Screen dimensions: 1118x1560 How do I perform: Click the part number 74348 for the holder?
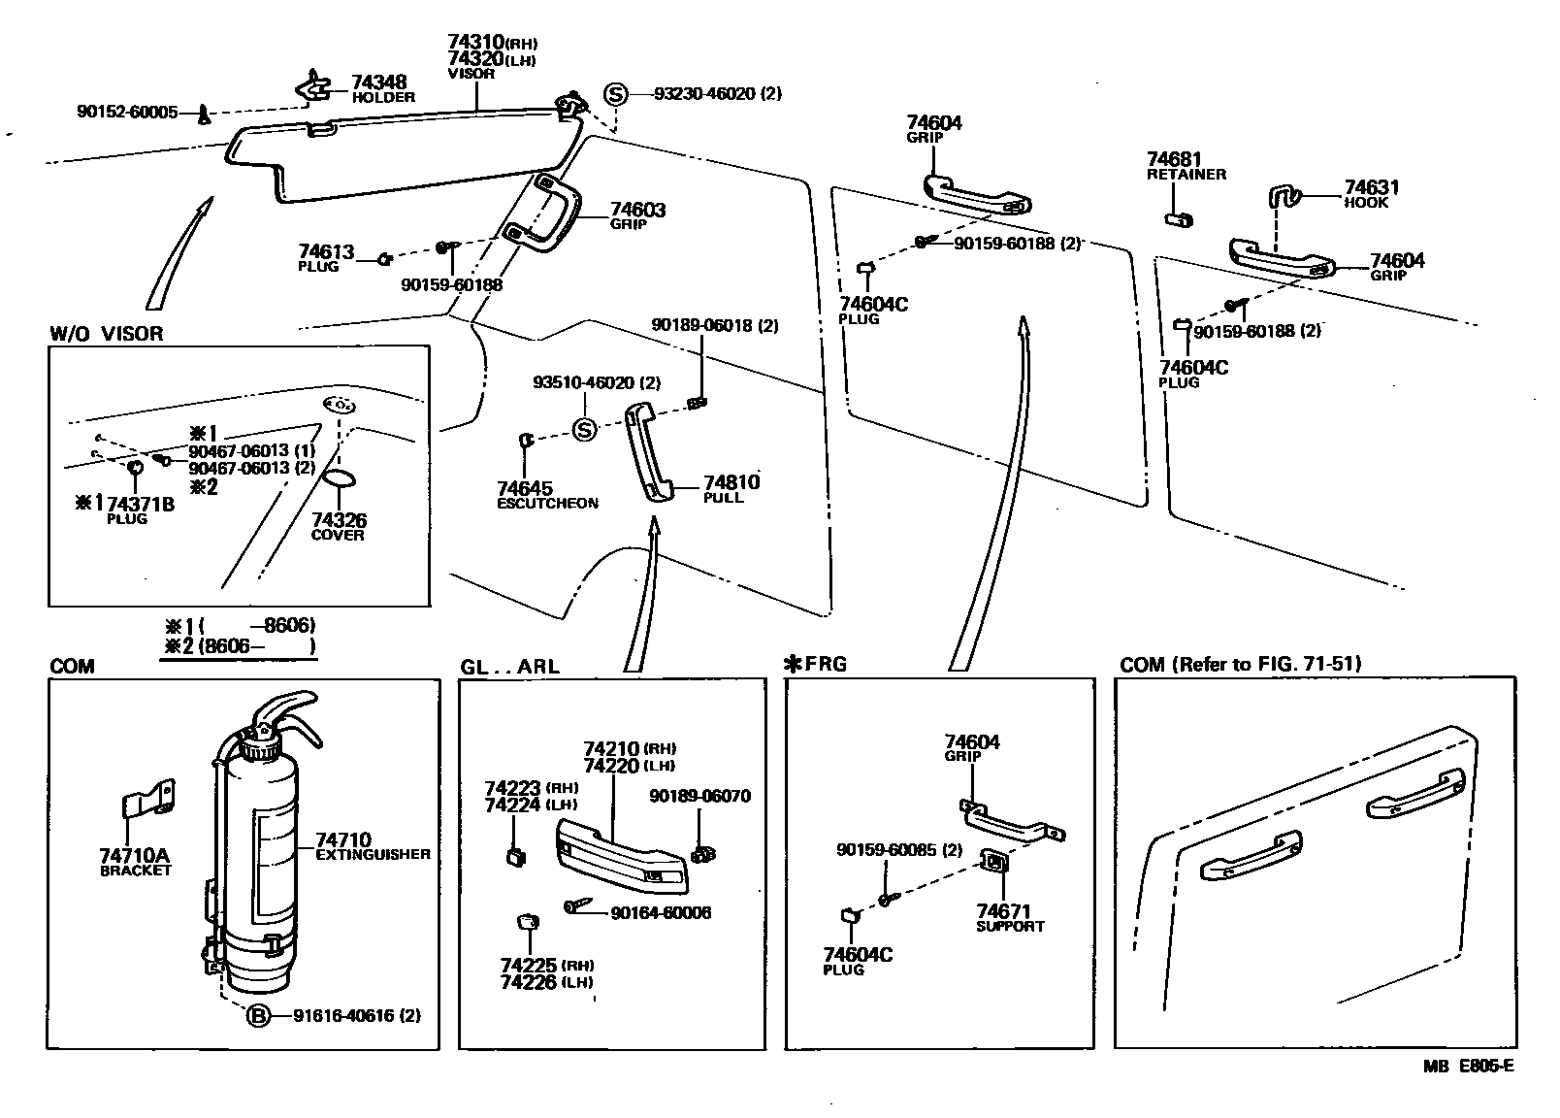tap(378, 82)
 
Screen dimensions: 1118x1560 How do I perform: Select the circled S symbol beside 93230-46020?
tap(615, 94)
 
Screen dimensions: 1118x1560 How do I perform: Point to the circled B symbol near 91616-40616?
tap(257, 1016)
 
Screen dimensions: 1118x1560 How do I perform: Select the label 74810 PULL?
tap(731, 488)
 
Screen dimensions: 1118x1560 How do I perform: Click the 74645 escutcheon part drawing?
tap(527, 441)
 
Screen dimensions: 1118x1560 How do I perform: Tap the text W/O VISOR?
tap(107, 334)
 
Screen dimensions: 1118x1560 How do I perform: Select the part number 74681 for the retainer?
tap(1174, 158)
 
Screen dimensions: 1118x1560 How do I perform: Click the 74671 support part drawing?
tap(995, 862)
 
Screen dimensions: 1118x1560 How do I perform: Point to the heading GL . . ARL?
tap(509, 667)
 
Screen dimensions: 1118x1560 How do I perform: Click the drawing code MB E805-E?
tap(1468, 1066)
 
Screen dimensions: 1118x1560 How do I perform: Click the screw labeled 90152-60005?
tap(204, 115)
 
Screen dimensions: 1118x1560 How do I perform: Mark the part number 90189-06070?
tap(699, 797)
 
